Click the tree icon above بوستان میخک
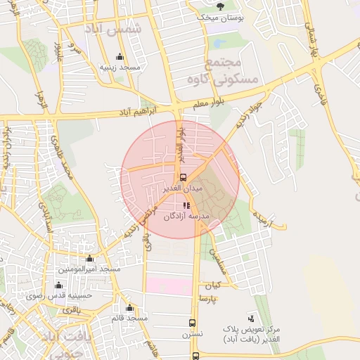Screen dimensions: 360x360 pos(221,6)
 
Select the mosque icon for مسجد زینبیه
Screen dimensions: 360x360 pos(120,57)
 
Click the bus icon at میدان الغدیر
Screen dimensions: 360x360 pos(184,177)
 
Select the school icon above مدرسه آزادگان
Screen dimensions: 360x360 pos(186,206)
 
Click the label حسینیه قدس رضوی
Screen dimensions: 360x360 pos(68,296)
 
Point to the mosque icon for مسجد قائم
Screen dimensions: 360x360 pos(129,307)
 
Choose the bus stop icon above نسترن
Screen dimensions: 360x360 pos(192,323)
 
